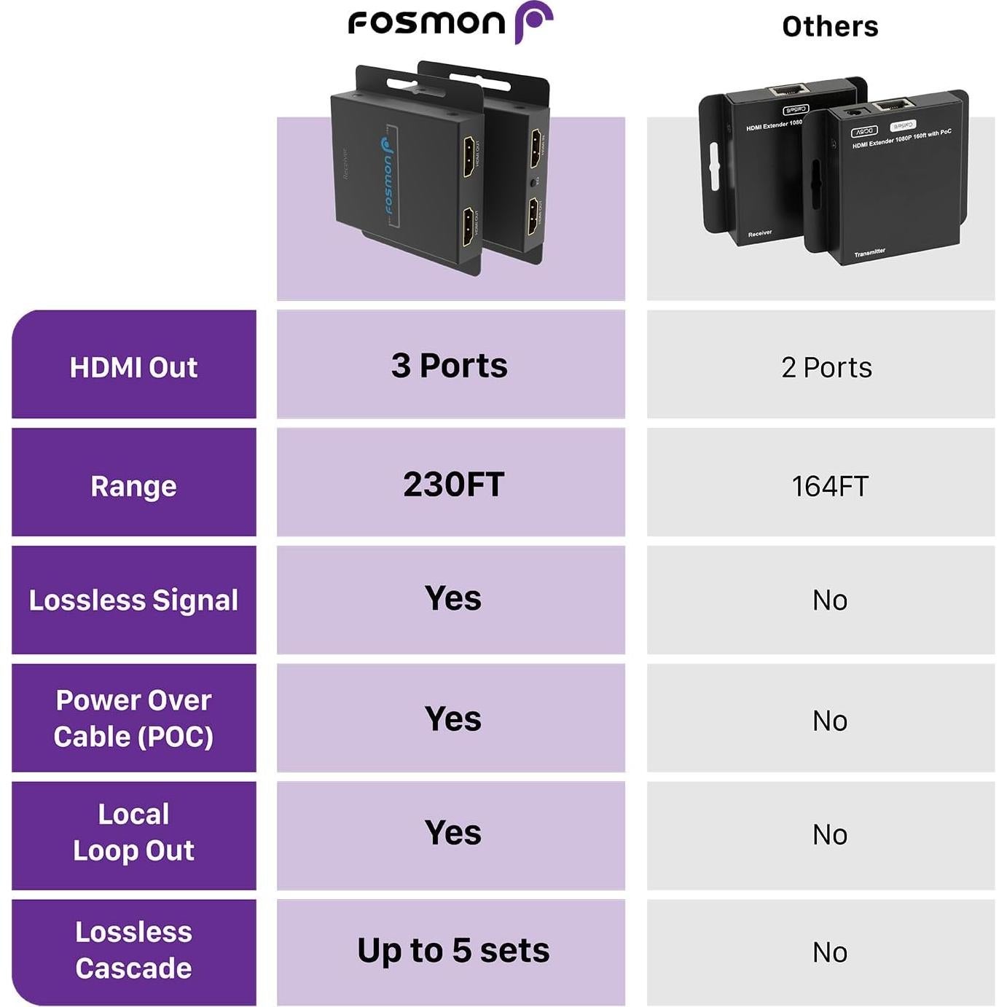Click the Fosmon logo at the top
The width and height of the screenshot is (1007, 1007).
coord(450,23)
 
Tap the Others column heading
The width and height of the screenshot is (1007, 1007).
coord(830,27)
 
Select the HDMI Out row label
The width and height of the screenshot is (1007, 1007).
coord(133,367)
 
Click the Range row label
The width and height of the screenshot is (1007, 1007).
coord(133,486)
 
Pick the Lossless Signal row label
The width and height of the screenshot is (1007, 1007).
coord(133,600)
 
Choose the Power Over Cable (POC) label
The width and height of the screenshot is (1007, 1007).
coord(133,718)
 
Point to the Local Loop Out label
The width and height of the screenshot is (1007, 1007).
coord(133,832)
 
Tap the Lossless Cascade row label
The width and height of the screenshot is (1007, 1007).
coord(133,950)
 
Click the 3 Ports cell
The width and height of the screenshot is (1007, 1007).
coord(450,366)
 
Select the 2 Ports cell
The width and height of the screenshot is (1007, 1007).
coord(826,368)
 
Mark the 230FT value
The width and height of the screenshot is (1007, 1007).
coord(453,485)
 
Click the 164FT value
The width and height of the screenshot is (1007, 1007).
coord(830,487)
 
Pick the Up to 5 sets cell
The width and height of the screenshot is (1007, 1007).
coord(453,951)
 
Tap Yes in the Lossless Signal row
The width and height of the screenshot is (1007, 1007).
coord(453,599)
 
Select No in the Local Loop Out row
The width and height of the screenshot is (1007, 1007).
coord(830,835)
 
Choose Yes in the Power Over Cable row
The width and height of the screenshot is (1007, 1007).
coord(453,719)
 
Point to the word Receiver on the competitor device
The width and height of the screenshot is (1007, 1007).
coord(759,234)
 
